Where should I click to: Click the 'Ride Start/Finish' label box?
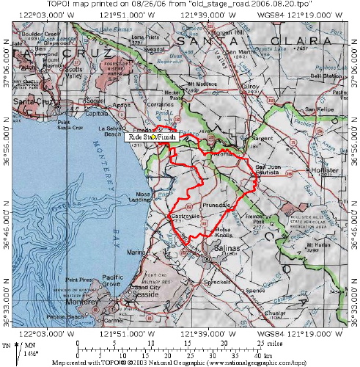coord(152,137)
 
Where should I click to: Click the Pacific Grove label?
coord(82,282)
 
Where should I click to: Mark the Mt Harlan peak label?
coord(315,247)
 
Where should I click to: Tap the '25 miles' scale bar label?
coord(268,342)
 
